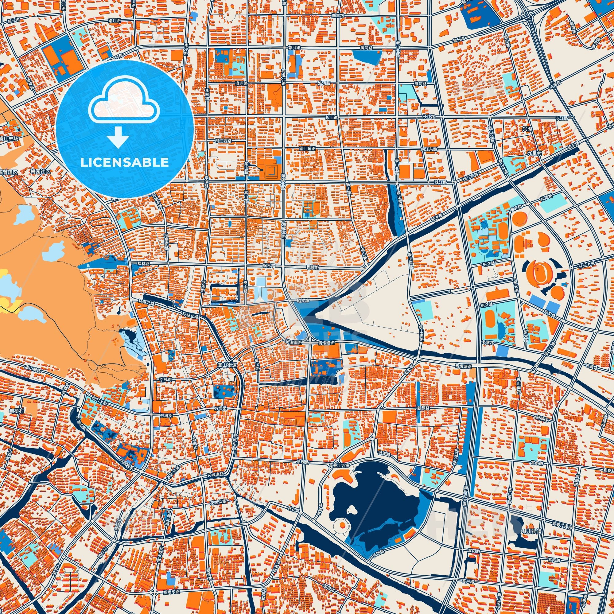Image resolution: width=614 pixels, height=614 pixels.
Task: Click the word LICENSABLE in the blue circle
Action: [124, 163]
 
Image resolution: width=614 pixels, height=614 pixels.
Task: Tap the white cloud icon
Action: [124, 105]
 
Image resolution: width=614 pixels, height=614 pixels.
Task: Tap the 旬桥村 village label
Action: [17, 410]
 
